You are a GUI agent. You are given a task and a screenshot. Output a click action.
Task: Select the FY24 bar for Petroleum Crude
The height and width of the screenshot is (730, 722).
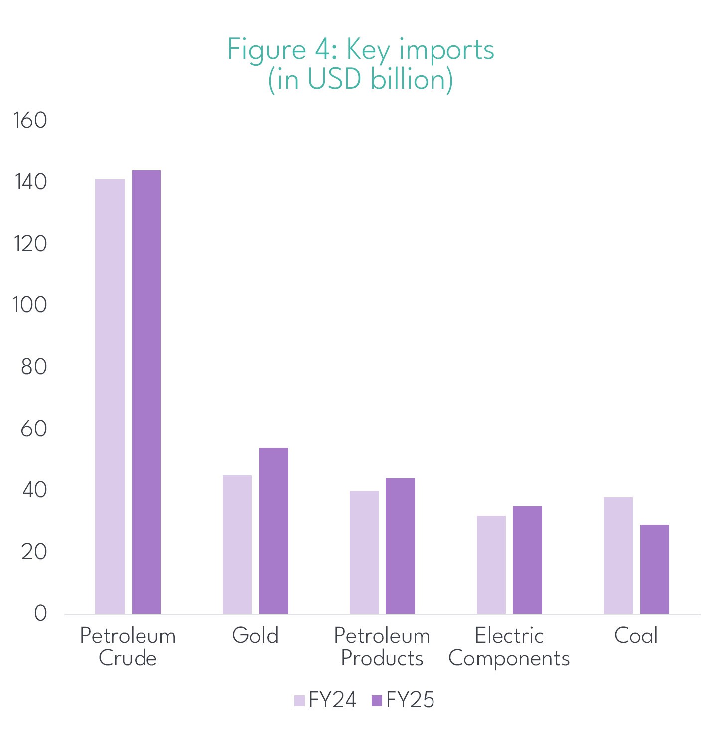coord(110,396)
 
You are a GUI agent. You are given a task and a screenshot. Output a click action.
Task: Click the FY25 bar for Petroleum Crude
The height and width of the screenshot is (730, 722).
coord(146,392)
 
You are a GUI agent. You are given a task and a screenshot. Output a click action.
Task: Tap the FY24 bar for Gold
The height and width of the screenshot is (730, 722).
coord(237,544)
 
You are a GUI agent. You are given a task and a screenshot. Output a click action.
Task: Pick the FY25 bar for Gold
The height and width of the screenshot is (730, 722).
coord(274,531)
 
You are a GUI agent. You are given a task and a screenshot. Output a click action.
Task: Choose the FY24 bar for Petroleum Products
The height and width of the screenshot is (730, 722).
coord(364,552)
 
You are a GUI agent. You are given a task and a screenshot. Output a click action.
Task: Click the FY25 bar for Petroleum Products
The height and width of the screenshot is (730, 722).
coord(401,546)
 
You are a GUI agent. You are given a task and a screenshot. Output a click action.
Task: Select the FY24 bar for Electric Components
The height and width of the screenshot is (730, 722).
coord(491,565)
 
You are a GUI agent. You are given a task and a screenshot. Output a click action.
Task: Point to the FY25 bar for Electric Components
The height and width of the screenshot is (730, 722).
coord(528,560)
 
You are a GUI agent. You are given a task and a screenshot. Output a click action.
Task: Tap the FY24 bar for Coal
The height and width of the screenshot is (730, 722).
coord(618,555)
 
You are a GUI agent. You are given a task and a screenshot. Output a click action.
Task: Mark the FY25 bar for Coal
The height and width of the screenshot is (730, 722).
coord(655,569)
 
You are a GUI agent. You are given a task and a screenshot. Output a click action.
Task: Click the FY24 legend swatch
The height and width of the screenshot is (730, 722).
coord(299,701)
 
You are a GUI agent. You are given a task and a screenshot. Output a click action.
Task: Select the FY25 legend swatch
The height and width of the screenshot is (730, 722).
coord(377,701)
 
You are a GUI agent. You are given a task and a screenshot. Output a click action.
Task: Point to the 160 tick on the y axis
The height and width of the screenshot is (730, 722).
coord(30,120)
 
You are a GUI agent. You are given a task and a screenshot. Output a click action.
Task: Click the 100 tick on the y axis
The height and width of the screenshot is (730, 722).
coord(30,305)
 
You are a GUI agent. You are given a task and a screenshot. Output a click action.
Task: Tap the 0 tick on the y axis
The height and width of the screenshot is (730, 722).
coord(40,613)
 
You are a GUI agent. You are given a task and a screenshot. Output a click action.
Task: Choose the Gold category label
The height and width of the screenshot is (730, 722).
coord(255,636)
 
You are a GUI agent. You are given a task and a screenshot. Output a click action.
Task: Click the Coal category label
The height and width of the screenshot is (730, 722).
coord(636,636)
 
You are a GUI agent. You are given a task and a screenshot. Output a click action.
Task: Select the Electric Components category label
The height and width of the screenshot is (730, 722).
coord(509,647)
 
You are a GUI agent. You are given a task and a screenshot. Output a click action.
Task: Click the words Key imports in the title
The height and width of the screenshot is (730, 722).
coord(420,49)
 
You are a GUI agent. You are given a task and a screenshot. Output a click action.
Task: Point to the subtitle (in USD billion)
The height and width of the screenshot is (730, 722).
coord(360,79)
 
